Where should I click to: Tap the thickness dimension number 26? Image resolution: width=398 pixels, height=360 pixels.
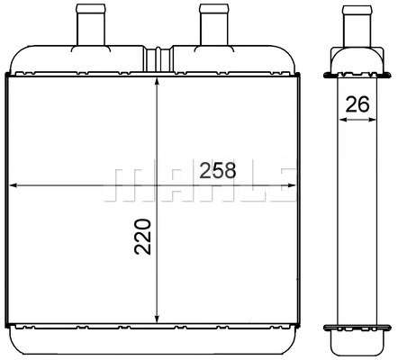click(357, 104)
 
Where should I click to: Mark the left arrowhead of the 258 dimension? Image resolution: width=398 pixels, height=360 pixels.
click(13, 185)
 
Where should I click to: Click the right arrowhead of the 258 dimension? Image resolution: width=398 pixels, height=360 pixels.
click(299, 185)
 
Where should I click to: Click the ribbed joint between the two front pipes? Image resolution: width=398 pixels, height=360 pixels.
click(161, 56)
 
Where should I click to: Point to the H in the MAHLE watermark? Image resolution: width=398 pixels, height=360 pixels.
click(199, 185)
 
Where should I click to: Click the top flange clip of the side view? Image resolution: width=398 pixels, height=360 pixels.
click(357, 71)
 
